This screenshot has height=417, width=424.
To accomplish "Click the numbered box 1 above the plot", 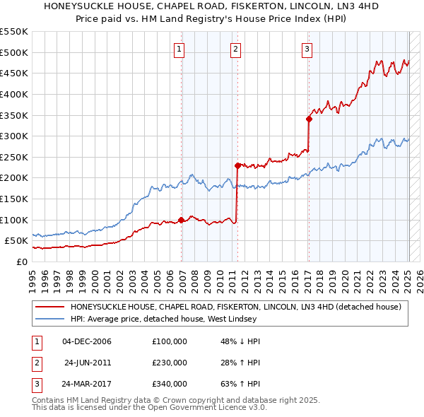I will [179, 49].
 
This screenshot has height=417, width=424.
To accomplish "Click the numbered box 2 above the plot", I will [235, 49].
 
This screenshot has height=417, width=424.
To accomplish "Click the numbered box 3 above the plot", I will [307, 49].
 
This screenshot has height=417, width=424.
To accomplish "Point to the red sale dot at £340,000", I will [309, 119].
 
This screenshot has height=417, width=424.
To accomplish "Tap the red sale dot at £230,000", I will [237, 165].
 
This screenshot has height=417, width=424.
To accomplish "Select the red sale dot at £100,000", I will [182, 220].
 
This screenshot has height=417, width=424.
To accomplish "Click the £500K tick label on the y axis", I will [13, 52].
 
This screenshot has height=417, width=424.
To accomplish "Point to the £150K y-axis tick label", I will [13, 199].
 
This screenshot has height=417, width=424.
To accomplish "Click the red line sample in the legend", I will [49, 307].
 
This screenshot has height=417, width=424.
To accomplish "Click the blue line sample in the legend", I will [49, 319].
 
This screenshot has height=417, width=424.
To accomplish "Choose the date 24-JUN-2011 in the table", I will [88, 363].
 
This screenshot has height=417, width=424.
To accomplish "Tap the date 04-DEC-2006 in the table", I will [88, 341].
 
